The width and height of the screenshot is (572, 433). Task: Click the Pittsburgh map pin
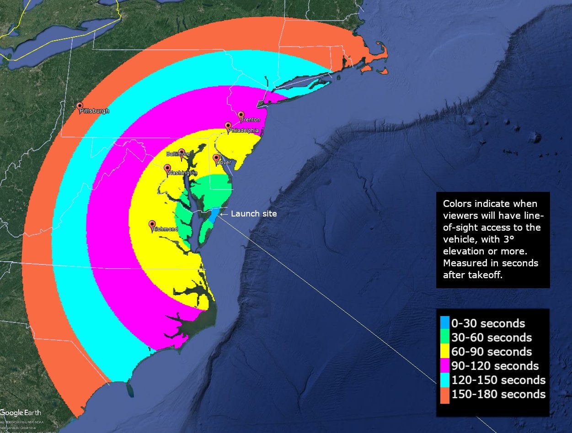pyautogui.click(x=80, y=106)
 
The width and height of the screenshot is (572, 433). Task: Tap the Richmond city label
pyautogui.click(x=165, y=229)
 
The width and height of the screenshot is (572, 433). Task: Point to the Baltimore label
pyautogui.click(x=178, y=154)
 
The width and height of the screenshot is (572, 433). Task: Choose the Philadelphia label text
pyautogui.click(x=243, y=130)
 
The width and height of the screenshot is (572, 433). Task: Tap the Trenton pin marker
pyautogui.click(x=241, y=115)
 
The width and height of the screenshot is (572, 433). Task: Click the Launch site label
pyautogui.click(x=254, y=213)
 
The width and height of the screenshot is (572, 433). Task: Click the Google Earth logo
pyautogui.click(x=21, y=413)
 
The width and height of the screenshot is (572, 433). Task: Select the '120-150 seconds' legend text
pyautogui.click(x=498, y=380)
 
